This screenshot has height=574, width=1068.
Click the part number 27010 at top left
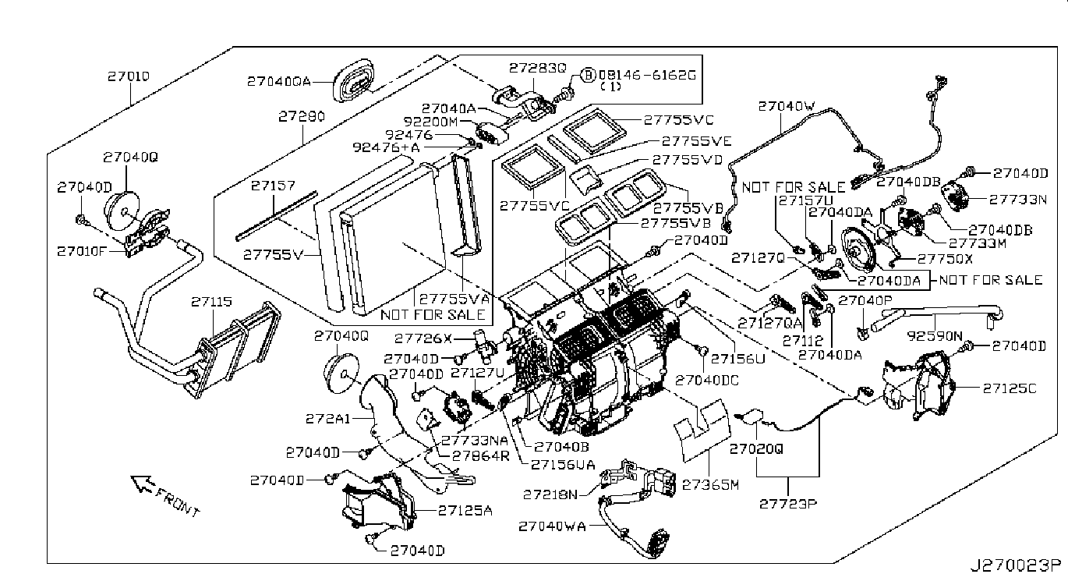tap(128, 77)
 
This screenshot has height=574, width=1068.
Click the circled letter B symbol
tap(589, 75)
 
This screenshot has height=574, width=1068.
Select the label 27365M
tap(709, 484)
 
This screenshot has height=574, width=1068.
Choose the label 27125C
tap(1010, 388)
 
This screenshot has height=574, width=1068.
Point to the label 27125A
tap(465, 511)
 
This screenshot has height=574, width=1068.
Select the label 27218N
tap(551, 494)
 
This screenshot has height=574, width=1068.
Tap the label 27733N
tap(1018, 199)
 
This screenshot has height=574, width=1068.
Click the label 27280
tap(301, 117)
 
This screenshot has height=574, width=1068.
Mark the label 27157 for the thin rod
tap(273, 186)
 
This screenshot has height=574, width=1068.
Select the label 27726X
tap(423, 338)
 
